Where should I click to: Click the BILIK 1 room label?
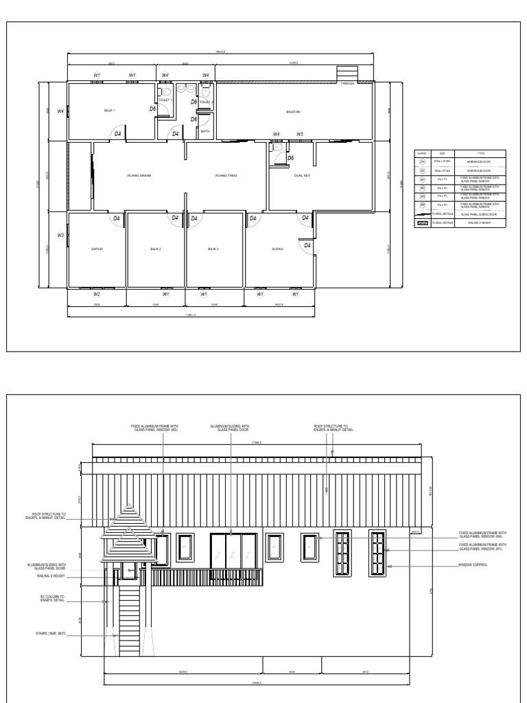109,110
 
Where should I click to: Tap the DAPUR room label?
97,249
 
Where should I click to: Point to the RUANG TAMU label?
225,175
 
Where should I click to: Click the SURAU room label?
277,249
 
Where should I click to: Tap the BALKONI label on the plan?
293,111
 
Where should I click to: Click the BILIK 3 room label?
213,249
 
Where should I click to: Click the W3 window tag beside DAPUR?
60,235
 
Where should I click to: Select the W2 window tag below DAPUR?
97,294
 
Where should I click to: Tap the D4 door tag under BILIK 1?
117,134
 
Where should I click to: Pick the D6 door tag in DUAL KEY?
290,158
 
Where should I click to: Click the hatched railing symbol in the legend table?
422,222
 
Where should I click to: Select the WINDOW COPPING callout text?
473,566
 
